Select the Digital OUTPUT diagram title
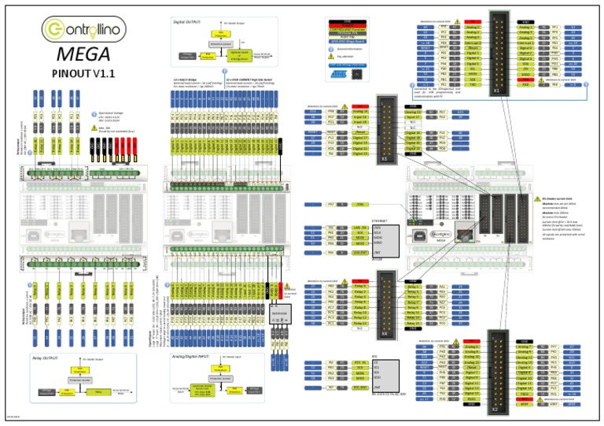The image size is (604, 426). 187,24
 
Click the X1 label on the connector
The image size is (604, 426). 496,91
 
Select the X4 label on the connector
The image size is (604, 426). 384,332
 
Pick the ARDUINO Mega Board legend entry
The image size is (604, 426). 347,39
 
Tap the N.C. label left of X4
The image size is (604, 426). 360,329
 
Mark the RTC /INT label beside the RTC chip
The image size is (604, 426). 359,387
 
